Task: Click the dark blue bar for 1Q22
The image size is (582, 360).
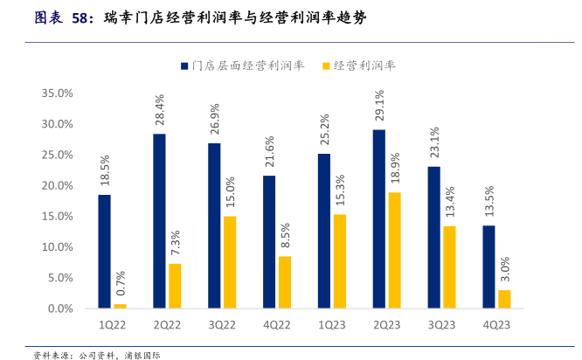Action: coord(104,252)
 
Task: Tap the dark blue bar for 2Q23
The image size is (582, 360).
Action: coord(379,219)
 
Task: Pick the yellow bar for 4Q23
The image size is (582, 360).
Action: coord(504,299)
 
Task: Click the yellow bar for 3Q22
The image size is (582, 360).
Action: coord(230,262)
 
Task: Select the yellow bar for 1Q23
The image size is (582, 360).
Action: coord(340,261)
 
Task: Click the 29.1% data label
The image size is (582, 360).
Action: coord(379,107)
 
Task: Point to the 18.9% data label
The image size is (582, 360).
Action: coord(395,170)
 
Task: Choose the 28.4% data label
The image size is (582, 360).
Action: coord(159,110)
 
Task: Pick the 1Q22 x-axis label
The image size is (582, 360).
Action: coord(112,325)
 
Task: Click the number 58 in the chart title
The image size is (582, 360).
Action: coord(79,16)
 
